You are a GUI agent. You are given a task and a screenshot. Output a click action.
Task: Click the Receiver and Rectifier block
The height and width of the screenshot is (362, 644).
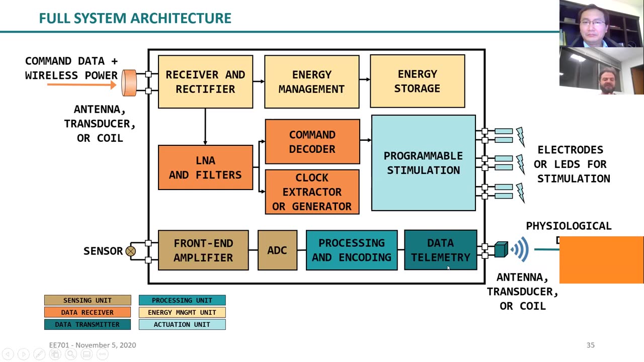pyautogui.click(x=205, y=81)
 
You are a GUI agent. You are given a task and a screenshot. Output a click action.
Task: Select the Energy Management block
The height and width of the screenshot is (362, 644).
pyautogui.click(x=311, y=81)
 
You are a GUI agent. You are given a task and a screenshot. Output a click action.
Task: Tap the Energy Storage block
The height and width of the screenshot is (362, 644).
pyautogui.click(x=417, y=81)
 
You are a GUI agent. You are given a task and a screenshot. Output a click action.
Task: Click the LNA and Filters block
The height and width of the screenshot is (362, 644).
pyautogui.click(x=205, y=167)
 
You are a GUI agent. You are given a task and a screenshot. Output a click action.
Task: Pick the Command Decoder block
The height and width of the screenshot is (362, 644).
pyautogui.click(x=312, y=141)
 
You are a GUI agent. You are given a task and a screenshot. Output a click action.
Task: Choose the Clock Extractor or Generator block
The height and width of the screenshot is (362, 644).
pyautogui.click(x=312, y=192)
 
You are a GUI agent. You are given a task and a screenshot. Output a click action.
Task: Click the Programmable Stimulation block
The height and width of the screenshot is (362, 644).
pyautogui.click(x=423, y=163)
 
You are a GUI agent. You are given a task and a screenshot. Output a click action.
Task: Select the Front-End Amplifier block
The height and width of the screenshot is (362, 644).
pyautogui.click(x=203, y=250)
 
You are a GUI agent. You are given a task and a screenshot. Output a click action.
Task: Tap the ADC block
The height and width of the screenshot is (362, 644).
pyautogui.click(x=277, y=250)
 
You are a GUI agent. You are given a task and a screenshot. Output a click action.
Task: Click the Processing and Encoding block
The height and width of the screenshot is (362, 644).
pyautogui.click(x=351, y=250)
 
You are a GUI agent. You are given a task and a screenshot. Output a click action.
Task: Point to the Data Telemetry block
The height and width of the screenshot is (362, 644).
pyautogui.click(x=440, y=250)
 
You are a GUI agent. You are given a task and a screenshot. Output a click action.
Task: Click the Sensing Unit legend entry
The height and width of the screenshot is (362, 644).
pyautogui.click(x=88, y=300)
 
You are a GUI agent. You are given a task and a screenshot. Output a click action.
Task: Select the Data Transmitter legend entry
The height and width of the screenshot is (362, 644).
pyautogui.click(x=88, y=324)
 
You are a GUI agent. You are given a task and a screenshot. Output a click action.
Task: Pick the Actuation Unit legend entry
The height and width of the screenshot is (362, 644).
pyautogui.click(x=182, y=324)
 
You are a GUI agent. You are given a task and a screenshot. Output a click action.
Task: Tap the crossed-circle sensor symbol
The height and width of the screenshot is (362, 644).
pyautogui.click(x=131, y=251)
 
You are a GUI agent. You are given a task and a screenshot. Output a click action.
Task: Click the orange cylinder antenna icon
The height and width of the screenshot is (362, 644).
pyautogui.click(x=129, y=82)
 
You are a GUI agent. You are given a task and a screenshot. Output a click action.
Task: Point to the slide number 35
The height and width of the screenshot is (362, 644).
pyautogui.click(x=590, y=345)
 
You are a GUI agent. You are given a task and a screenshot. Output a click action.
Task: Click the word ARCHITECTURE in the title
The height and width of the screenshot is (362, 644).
pyautogui.click(x=184, y=18)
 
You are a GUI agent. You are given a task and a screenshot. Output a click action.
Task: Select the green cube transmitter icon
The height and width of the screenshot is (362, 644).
pyautogui.click(x=501, y=249)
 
